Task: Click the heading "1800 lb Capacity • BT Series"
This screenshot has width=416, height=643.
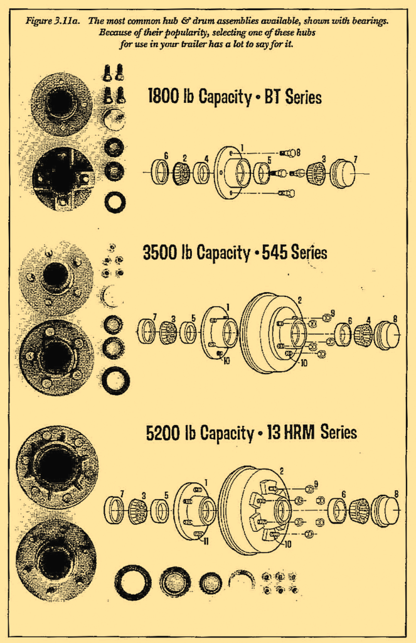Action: (x=234, y=97)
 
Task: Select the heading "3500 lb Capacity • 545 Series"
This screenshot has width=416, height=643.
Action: (x=235, y=253)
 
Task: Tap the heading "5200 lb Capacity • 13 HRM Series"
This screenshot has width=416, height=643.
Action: (x=251, y=433)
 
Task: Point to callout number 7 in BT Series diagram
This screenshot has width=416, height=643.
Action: (x=356, y=160)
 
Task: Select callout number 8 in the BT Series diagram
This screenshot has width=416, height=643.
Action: (x=298, y=152)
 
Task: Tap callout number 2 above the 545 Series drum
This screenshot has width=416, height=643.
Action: (x=300, y=300)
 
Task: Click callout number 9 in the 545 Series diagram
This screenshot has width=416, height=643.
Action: (x=332, y=313)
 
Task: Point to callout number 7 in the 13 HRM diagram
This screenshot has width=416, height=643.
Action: (x=122, y=494)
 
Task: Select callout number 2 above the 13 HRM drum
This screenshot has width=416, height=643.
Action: (x=282, y=471)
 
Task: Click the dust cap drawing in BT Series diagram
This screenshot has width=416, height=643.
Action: (x=342, y=173)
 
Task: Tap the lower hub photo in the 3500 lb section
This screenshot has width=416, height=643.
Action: (x=56, y=357)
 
